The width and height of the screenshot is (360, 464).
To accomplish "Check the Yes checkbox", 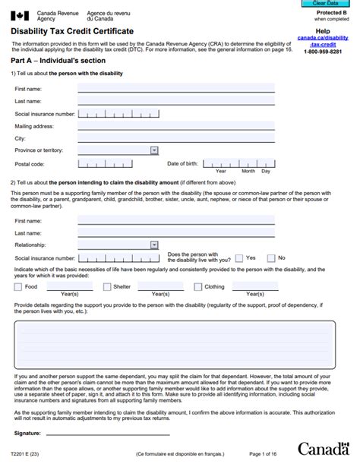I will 239,258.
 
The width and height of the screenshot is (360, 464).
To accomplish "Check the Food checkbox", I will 17,287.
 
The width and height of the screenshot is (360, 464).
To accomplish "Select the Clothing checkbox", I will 197,287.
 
